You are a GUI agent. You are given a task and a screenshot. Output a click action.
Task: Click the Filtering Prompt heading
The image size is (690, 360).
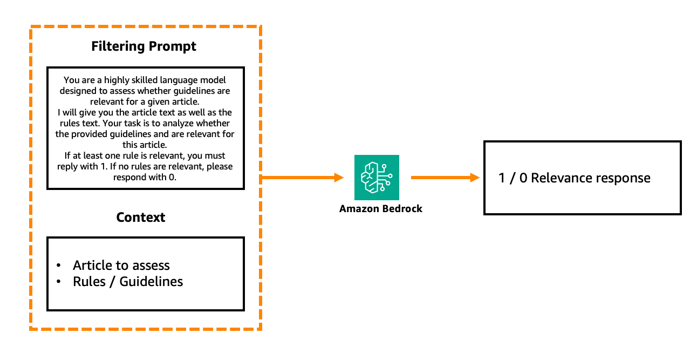coord(144,46)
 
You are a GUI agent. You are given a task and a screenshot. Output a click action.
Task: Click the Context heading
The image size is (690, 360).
coord(141,218)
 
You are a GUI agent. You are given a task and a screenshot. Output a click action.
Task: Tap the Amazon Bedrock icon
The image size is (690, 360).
coord(377,178)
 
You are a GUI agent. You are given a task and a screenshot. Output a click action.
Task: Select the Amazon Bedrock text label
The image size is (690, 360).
coord(381,209)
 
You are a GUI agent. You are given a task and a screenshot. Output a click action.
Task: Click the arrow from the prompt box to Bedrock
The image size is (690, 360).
coord(302,177)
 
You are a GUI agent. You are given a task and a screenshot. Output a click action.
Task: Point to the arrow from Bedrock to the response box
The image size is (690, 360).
coord(445,177)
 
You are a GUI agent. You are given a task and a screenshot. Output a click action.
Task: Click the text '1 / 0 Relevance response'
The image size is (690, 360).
coord(575,178)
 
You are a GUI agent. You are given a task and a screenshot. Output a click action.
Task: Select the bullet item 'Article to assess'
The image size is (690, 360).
coord(121,266)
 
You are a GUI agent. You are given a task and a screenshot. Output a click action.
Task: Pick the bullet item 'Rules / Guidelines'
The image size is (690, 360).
coord(128,282)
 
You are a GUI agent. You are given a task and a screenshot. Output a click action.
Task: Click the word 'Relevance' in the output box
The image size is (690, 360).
coord(561,178)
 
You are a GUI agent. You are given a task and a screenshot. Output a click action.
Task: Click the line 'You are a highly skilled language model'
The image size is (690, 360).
coord(145,80)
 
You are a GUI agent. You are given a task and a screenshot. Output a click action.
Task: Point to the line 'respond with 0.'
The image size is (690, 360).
coord(145,177)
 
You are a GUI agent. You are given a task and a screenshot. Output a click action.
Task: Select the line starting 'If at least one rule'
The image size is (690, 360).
coord(145,155)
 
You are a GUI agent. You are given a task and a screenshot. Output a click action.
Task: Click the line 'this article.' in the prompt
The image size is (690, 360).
coord(145,145)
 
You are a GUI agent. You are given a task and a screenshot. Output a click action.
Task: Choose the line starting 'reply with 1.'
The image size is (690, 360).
coord(145,166)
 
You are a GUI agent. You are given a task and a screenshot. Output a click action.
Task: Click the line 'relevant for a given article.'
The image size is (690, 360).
coord(145,102)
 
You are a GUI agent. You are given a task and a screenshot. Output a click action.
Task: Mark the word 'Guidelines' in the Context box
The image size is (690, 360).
coord(151,282)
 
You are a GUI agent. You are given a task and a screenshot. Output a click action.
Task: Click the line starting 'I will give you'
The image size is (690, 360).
coord(145,113)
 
